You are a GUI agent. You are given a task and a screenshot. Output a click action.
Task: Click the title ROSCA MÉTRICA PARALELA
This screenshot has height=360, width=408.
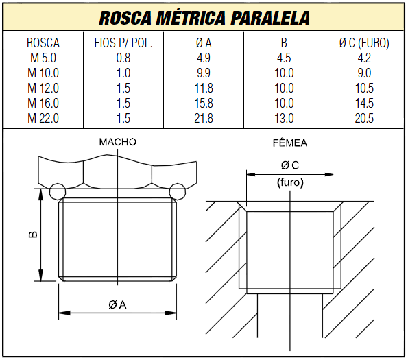pyautogui.click(x=204, y=17)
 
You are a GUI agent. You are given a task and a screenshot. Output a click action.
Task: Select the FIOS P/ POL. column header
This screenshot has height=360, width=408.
pyautogui.click(x=123, y=43)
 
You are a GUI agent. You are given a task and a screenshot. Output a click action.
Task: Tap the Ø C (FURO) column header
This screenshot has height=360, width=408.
pyautogui.click(x=364, y=43)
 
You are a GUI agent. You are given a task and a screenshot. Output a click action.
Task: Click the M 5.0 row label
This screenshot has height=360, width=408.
pyautogui.click(x=43, y=58)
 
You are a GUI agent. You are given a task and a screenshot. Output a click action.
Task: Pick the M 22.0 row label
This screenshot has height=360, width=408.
pyautogui.click(x=43, y=118)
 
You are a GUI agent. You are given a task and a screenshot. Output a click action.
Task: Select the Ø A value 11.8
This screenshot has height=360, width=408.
pyautogui.click(x=204, y=88)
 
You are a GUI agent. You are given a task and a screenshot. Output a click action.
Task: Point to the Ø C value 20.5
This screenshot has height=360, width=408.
pyautogui.click(x=364, y=118)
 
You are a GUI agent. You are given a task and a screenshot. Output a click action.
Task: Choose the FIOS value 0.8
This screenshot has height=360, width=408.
pyautogui.click(x=123, y=58)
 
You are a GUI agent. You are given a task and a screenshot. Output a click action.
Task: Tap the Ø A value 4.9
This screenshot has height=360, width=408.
pyautogui.click(x=204, y=58)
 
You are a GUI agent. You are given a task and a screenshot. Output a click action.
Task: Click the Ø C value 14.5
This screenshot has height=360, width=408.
pyautogui.click(x=364, y=104)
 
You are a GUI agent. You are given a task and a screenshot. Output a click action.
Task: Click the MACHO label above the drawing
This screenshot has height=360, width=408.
pyautogui.click(x=117, y=142)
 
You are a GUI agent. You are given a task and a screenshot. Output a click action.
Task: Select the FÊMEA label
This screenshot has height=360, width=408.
pyautogui.click(x=290, y=143)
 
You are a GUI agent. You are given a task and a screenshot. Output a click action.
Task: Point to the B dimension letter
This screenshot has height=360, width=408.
pyautogui.click(x=32, y=235)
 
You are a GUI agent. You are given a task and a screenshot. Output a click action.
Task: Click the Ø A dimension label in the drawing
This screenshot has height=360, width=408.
pyautogui.click(x=117, y=305)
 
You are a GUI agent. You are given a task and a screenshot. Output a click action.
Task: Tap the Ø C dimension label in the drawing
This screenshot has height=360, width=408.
pyautogui.click(x=290, y=165)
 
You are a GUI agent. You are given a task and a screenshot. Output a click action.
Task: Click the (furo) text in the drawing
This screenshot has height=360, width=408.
pyautogui.click(x=290, y=183)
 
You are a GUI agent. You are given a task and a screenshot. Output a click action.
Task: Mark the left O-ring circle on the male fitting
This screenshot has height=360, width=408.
pyautogui.click(x=58, y=189)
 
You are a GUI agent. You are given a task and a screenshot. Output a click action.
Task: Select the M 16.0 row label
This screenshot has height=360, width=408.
pyautogui.click(x=43, y=104)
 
